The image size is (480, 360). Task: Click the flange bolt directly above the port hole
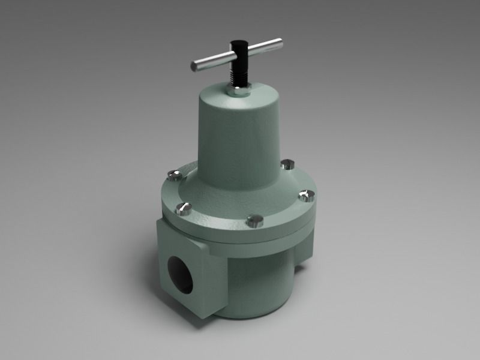coord(184,209)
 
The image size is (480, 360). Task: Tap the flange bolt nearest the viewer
coord(254,220)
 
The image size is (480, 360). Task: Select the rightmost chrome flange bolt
coord(307,196)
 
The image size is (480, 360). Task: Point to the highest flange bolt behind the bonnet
coord(289,163)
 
